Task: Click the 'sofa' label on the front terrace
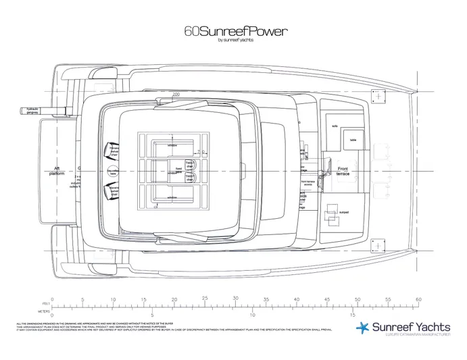(334, 126)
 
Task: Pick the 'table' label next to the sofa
(352, 140)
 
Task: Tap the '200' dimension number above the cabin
(176, 95)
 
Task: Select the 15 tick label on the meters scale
(352, 314)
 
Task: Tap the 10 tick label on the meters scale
(252, 314)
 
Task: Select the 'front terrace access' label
(308, 182)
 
